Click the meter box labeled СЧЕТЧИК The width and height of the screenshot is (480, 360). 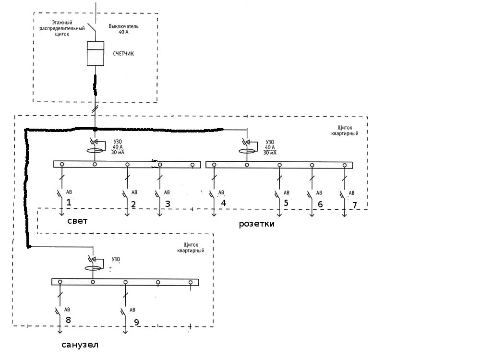[x=96, y=53]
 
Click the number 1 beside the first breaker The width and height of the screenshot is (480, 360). [x=69, y=203]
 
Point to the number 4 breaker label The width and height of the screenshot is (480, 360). [x=223, y=203]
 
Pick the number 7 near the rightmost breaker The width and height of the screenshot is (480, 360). [x=355, y=205]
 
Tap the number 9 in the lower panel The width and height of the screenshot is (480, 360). [x=136, y=322]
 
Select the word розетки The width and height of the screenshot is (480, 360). [x=257, y=224]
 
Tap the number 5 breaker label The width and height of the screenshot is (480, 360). [x=286, y=203]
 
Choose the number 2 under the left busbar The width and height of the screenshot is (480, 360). [x=133, y=204]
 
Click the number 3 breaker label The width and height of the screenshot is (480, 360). [x=168, y=204]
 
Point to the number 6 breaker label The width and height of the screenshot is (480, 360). [x=320, y=204]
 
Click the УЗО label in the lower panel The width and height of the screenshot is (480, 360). [x=116, y=260]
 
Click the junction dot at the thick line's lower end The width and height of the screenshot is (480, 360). [x=29, y=247]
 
